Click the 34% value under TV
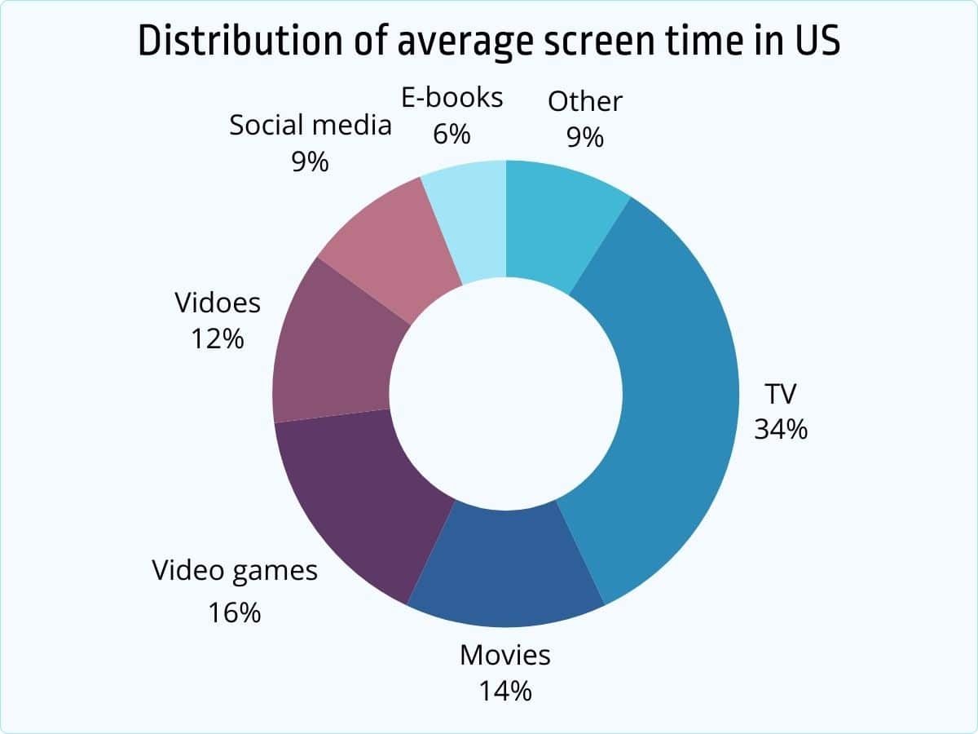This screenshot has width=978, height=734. [780, 429]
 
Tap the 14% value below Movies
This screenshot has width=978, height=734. [505, 691]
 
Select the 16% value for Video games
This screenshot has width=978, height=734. [234, 612]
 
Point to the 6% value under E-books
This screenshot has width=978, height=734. [452, 134]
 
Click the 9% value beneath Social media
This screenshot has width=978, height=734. [310, 162]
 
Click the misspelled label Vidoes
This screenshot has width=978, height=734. [218, 303]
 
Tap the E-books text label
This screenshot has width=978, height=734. [452, 98]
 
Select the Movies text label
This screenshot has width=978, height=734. [505, 655]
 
